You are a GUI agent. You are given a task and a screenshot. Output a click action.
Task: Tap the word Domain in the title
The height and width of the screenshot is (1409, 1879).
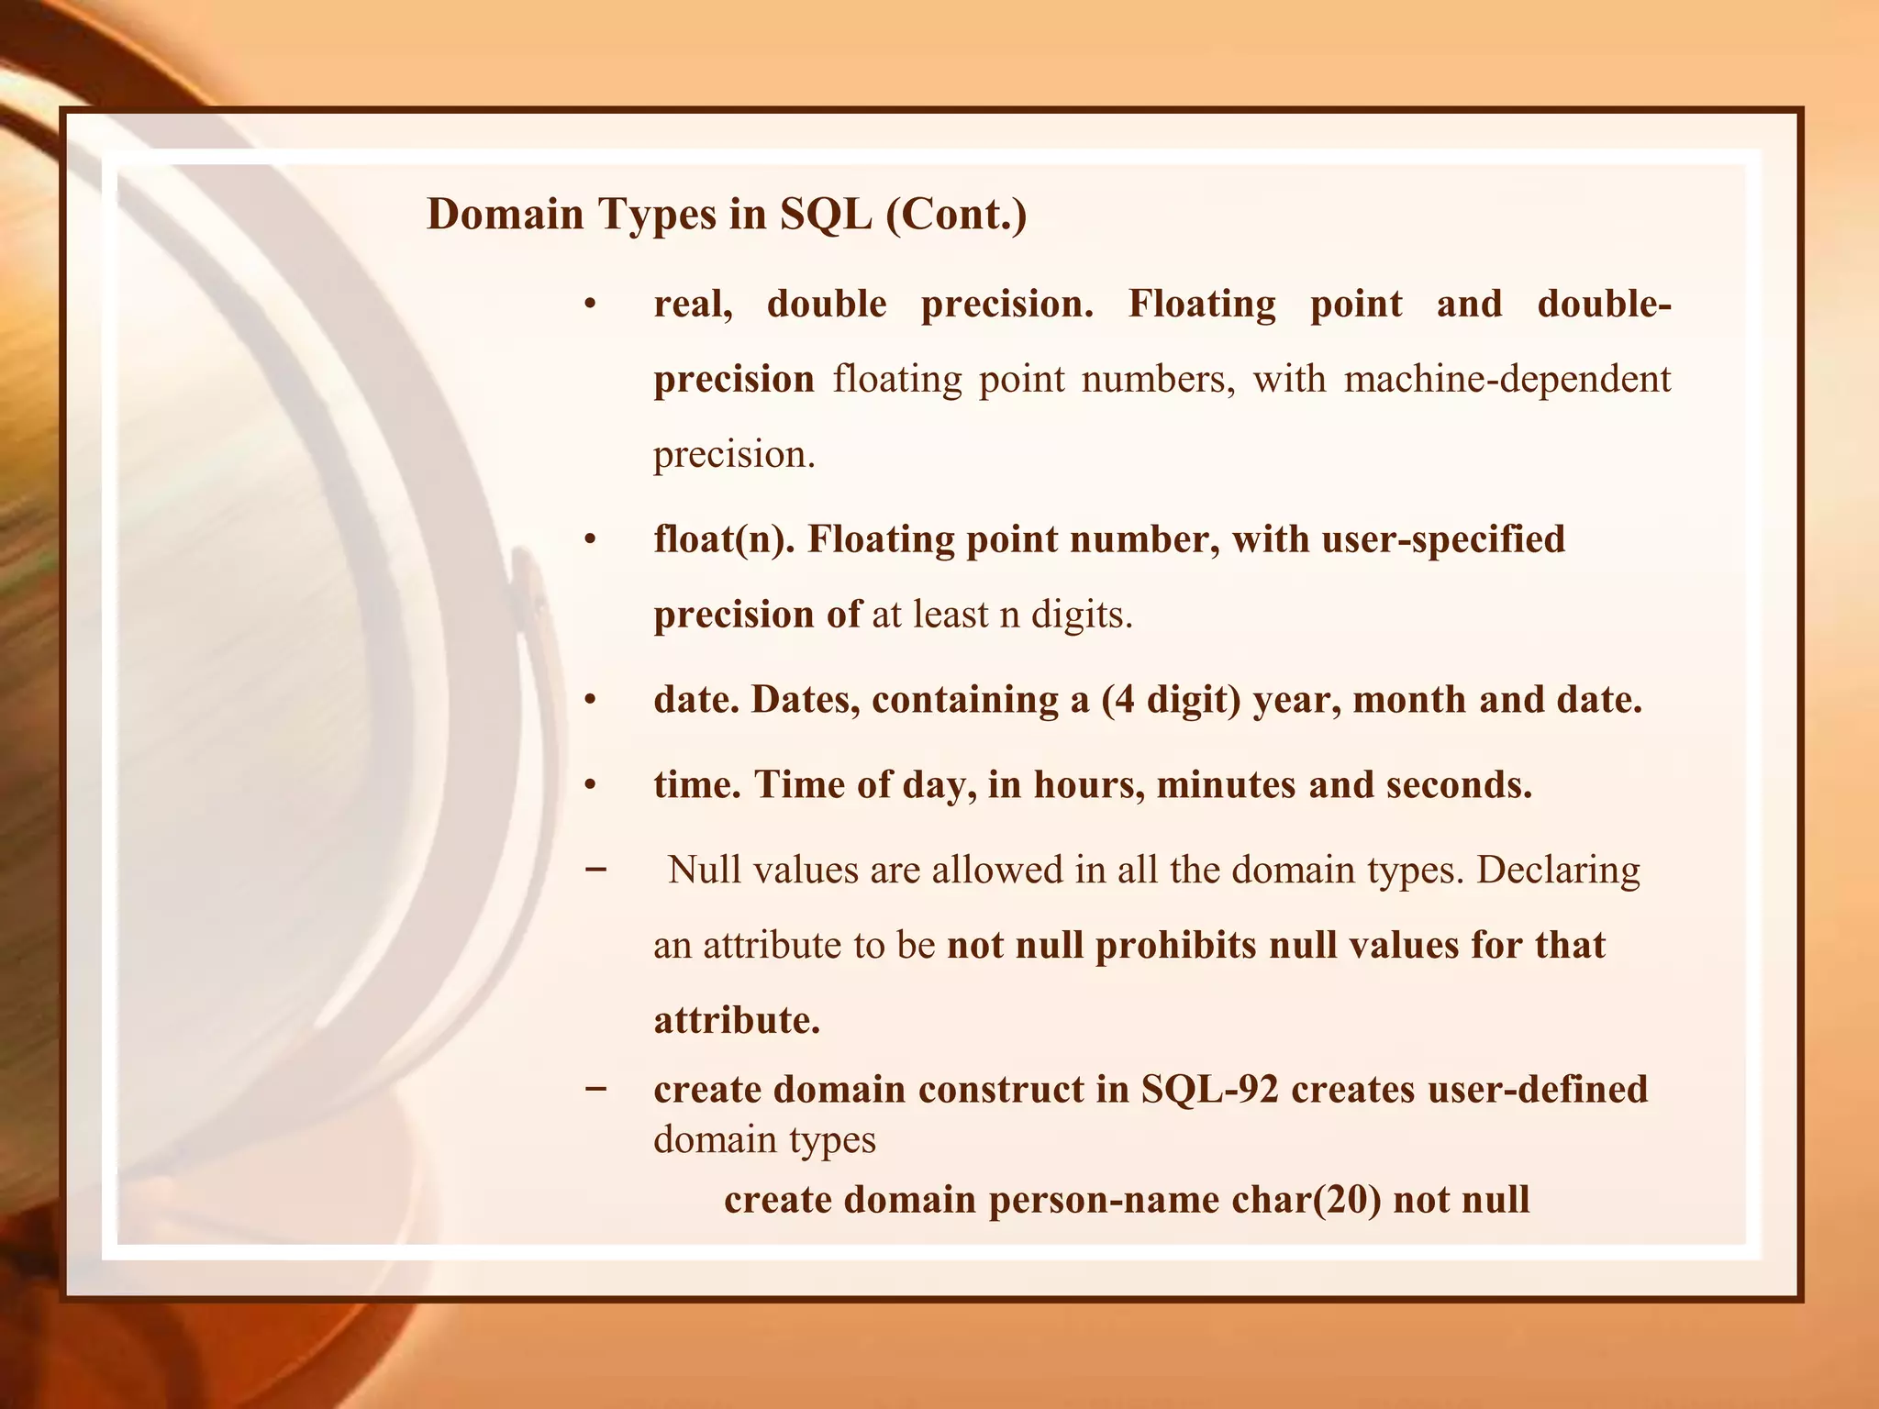click(506, 215)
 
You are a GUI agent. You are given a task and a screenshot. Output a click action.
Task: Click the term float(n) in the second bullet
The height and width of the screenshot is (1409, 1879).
click(723, 539)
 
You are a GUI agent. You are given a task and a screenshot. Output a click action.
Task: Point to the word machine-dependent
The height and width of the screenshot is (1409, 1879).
click(1507, 379)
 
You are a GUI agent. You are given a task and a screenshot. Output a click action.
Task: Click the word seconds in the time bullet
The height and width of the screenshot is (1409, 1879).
click(1458, 785)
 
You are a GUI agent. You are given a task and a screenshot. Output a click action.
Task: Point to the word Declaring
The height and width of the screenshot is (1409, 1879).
click(1558, 870)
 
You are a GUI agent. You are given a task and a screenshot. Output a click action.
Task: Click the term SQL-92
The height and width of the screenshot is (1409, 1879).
click(1210, 1090)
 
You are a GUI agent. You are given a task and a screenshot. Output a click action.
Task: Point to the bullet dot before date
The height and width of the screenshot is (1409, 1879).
click(591, 702)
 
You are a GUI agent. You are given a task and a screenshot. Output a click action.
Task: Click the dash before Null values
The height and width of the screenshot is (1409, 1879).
click(595, 868)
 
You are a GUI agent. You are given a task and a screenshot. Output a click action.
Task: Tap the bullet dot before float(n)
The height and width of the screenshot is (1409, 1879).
click(591, 541)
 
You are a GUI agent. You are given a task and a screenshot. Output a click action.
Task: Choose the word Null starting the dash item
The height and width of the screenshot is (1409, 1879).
click(704, 870)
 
